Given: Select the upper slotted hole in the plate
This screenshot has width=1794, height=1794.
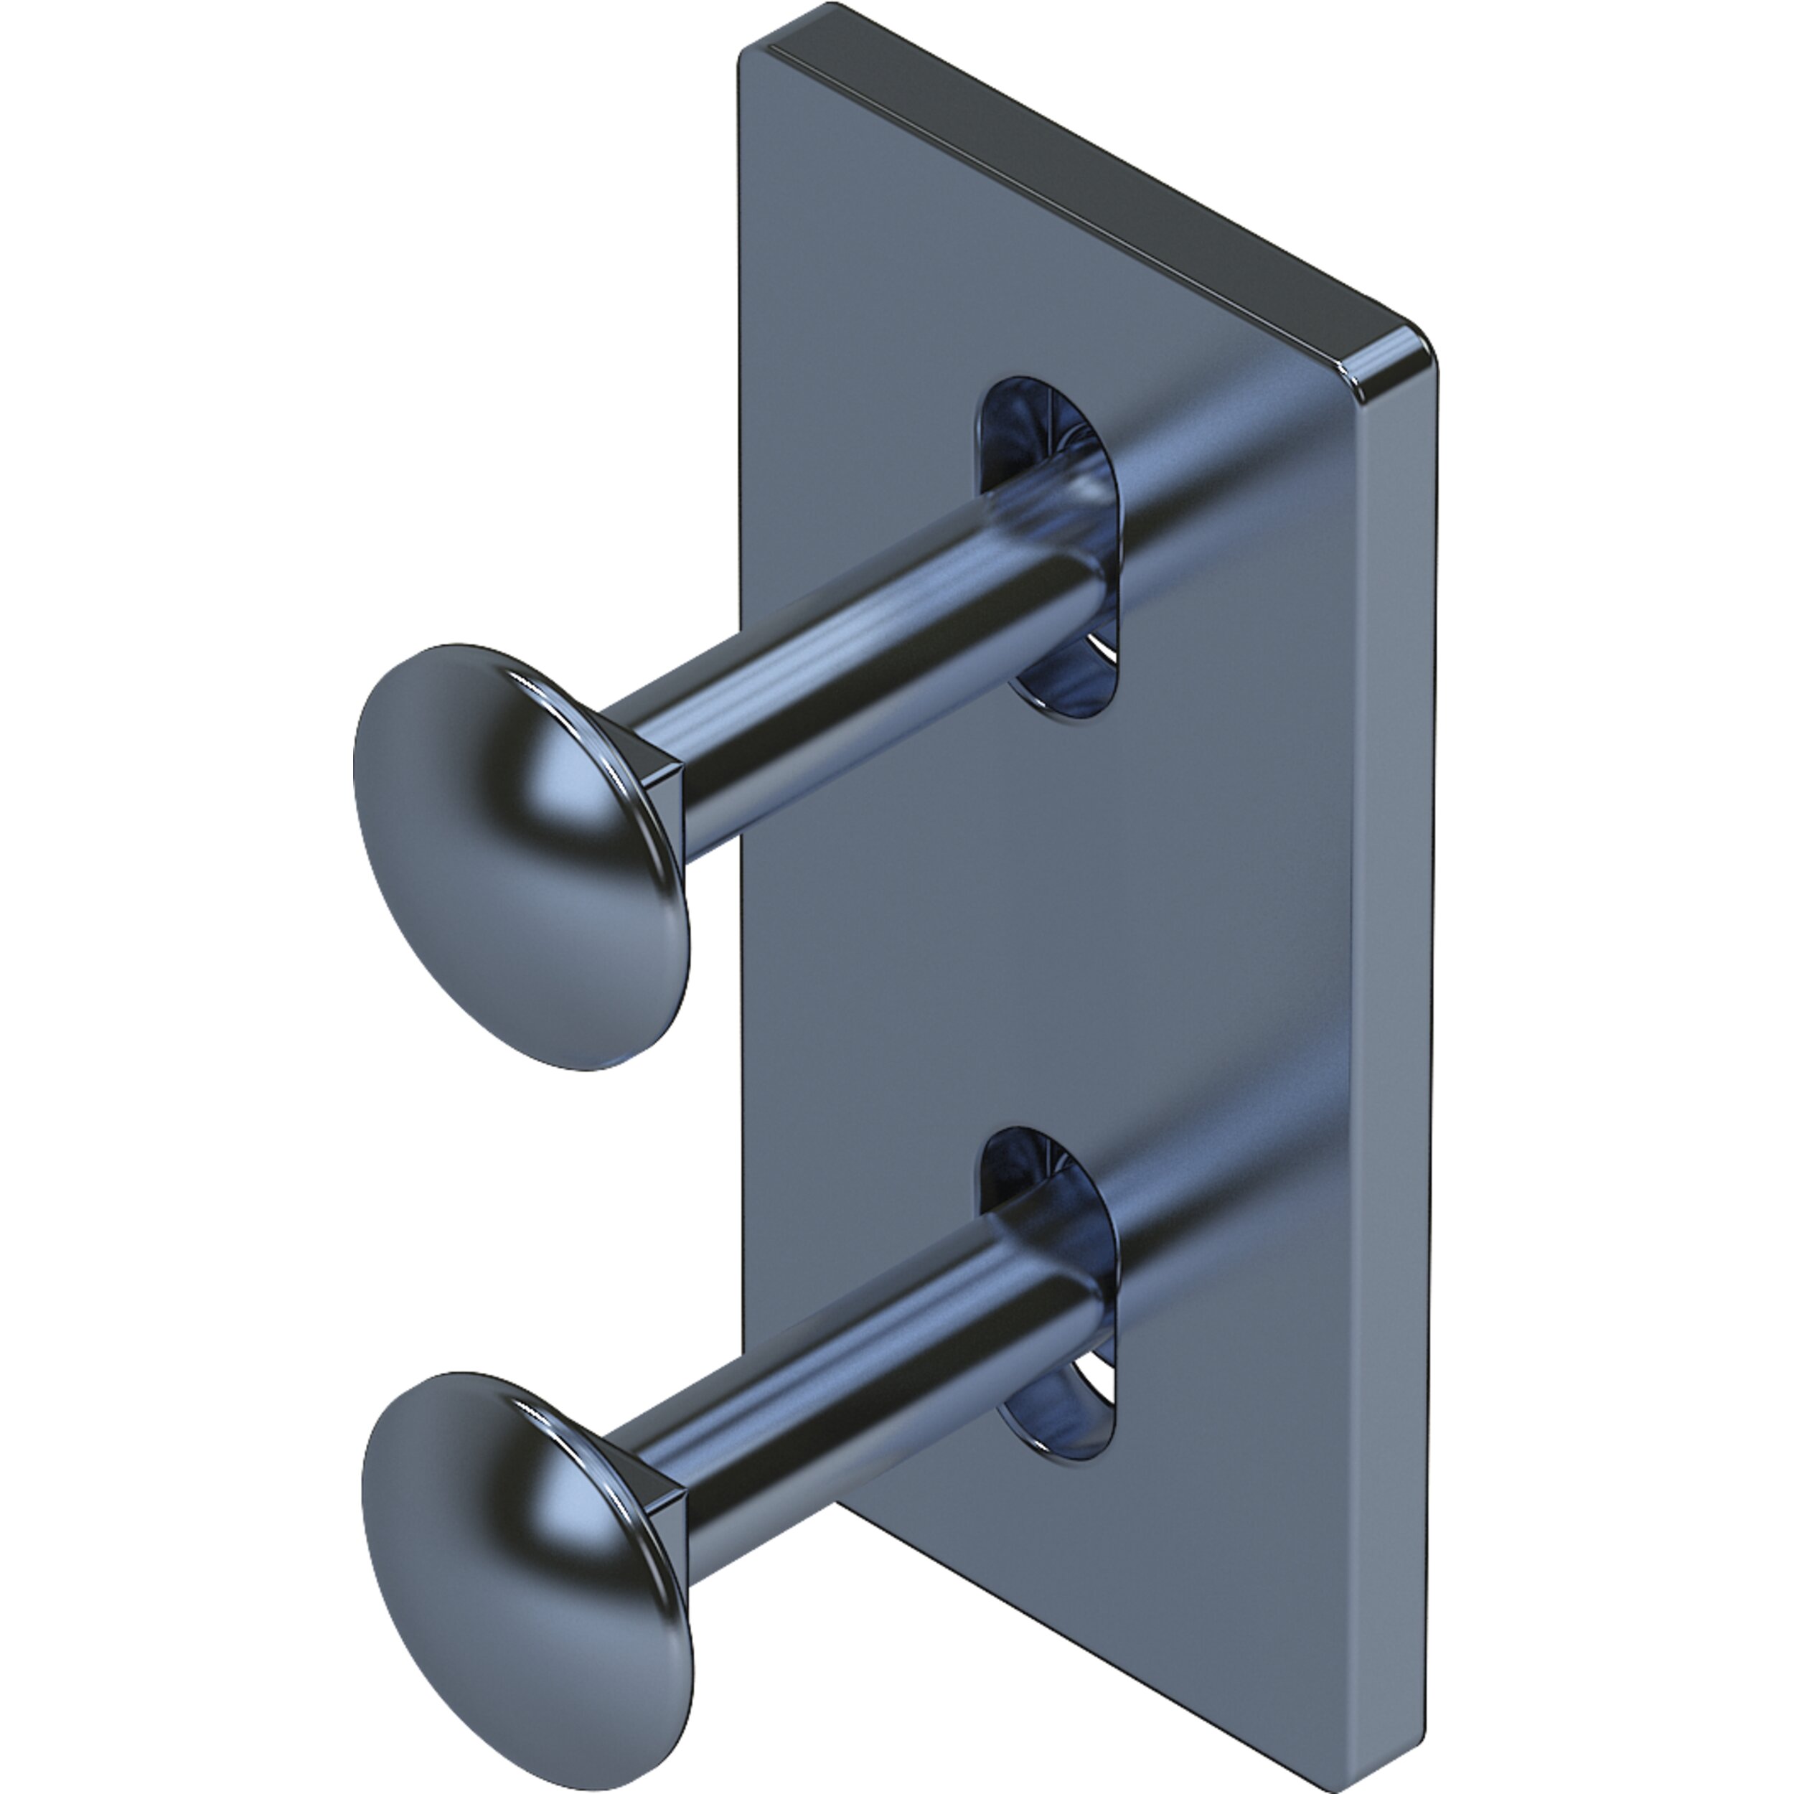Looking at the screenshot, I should [x=1049, y=548].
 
